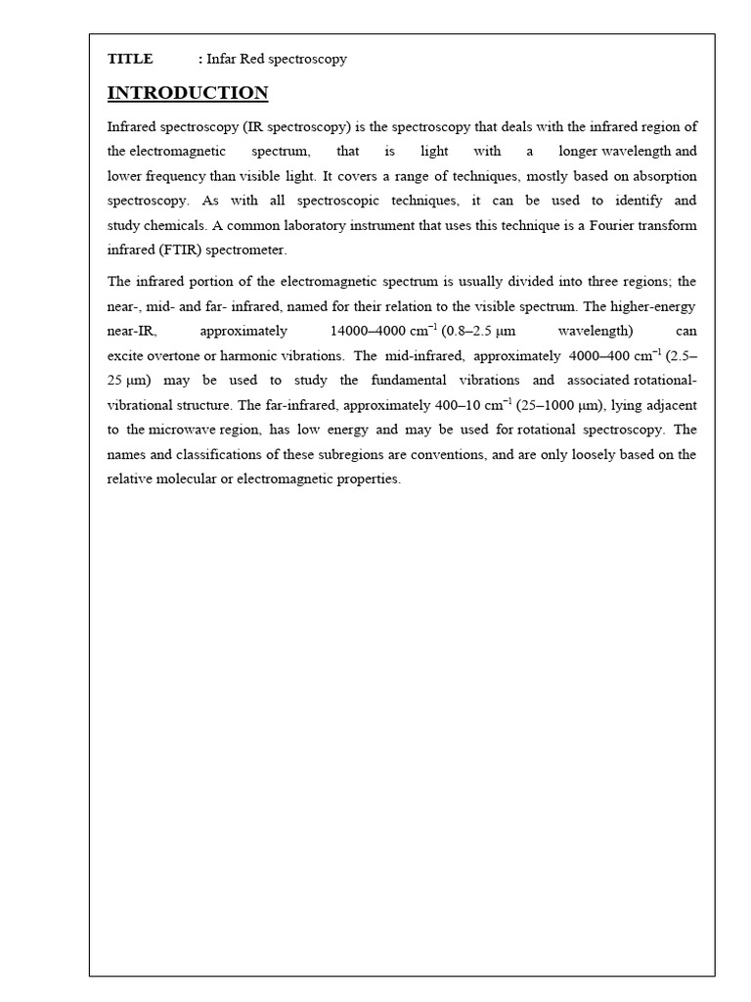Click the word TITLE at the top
[x=130, y=59]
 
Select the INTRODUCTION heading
[x=188, y=94]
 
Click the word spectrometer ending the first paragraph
[x=247, y=250]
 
